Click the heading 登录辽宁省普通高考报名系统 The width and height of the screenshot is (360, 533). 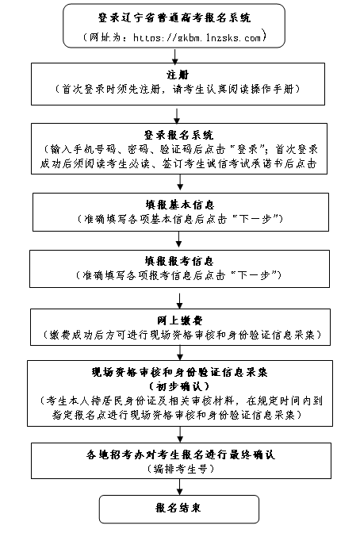point(174,17)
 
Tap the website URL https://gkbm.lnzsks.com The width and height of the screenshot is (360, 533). point(197,37)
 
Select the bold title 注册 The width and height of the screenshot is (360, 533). point(178,75)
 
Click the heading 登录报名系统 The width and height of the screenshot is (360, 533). point(178,135)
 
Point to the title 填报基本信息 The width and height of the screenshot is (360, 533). point(180,205)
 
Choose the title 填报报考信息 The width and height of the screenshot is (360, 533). point(179,261)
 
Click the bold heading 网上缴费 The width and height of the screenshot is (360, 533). point(180,320)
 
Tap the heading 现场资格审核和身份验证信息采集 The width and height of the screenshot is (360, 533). point(180,372)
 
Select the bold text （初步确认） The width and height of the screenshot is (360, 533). point(179,386)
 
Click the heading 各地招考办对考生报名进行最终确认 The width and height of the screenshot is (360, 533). point(181,454)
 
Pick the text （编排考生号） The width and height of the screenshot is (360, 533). point(181,469)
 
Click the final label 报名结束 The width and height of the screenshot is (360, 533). point(178,508)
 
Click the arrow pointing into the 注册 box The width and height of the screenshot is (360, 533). point(175,56)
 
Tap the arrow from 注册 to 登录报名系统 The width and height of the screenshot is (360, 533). point(177,117)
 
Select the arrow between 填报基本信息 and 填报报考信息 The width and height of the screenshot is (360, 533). point(178,240)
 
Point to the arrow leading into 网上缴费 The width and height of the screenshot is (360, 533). point(179,301)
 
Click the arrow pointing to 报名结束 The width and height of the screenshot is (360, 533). point(180,487)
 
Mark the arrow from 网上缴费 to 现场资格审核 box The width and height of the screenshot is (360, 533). point(180,353)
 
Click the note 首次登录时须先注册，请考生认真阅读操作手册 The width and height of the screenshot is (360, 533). point(178,90)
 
